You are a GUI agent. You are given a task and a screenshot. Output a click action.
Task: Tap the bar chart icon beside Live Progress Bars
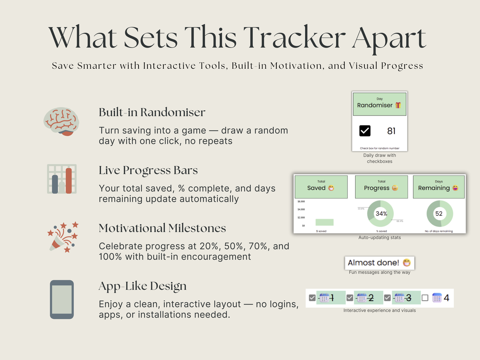[x=62, y=179]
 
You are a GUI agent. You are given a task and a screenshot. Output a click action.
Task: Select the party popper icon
[x=63, y=237]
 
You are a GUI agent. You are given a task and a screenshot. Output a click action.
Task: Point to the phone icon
[x=62, y=300]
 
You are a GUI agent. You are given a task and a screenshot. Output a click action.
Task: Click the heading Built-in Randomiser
[x=152, y=112]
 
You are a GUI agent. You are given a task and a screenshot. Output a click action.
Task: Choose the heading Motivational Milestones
[x=162, y=228]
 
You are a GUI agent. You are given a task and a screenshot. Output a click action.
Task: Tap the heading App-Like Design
[x=143, y=286]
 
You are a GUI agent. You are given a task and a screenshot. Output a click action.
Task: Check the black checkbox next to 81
[x=365, y=131]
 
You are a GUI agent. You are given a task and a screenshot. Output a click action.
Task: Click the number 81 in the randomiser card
[x=391, y=131]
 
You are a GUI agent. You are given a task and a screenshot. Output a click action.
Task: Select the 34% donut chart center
[x=381, y=214]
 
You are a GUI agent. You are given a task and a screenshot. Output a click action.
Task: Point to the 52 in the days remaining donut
[x=439, y=214]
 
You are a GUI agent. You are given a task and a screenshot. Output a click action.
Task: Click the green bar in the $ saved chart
[x=324, y=222]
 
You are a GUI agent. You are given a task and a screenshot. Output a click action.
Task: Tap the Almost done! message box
[x=379, y=263]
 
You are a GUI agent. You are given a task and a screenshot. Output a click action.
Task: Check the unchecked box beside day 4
[x=425, y=298]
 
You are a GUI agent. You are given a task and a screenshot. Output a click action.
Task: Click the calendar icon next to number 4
[x=437, y=298]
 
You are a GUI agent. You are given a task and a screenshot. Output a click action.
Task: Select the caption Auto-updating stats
[x=379, y=237]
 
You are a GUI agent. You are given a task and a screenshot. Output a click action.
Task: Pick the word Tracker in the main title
[x=294, y=38]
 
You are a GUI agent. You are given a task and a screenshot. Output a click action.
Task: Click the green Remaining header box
[x=438, y=187]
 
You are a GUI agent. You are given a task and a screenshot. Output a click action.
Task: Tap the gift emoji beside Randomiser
[x=398, y=105]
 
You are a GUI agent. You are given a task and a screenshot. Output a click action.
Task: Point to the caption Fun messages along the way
[x=379, y=272]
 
